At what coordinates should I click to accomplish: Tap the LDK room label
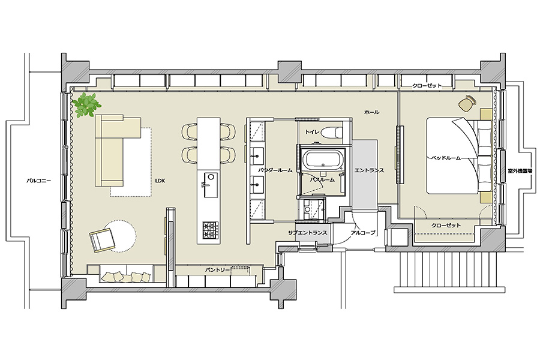[160, 180]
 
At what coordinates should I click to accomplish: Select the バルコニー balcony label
[39, 180]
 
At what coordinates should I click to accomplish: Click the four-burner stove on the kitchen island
[210, 229]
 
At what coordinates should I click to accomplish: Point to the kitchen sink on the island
[211, 184]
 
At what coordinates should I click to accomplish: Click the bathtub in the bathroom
[323, 160]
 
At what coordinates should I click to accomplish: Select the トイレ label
[313, 131]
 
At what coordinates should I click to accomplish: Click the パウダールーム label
[275, 170]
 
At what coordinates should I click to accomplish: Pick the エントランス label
[369, 170]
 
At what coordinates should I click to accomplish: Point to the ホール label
[372, 112]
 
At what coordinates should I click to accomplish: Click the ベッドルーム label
[446, 158]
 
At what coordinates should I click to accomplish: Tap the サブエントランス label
[308, 233]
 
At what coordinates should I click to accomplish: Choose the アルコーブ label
[362, 233]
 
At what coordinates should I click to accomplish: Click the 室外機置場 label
[520, 170]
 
